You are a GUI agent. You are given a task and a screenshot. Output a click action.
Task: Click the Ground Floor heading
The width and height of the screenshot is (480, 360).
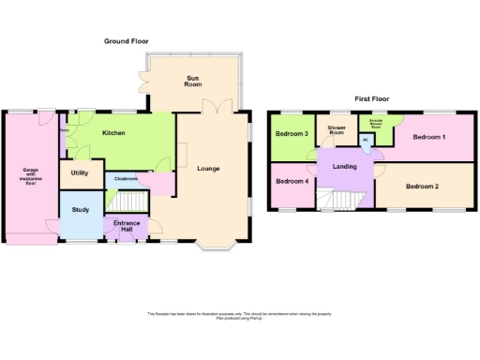pyautogui.click(x=126, y=41)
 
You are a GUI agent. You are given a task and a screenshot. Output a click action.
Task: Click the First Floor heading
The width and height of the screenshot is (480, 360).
pyautogui.click(x=373, y=97)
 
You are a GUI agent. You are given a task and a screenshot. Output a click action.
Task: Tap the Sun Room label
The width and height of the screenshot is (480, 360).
pyautogui.click(x=193, y=82)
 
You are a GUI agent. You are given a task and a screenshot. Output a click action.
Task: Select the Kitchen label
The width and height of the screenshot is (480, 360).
pyautogui.click(x=114, y=133)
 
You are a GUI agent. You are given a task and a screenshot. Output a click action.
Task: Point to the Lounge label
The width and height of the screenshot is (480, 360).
pyautogui.click(x=208, y=169)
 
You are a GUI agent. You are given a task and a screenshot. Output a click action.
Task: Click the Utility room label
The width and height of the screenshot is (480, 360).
pyautogui.click(x=80, y=173)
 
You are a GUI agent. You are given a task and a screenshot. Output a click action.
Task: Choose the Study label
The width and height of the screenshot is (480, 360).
pyautogui.click(x=80, y=209)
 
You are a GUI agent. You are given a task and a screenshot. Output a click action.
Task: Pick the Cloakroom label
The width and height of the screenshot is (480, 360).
pyautogui.click(x=127, y=178)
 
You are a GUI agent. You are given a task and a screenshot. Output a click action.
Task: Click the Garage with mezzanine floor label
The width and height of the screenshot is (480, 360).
pyautogui.click(x=30, y=176)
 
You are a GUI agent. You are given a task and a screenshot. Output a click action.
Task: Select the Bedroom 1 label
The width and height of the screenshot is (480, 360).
pyautogui.click(x=431, y=139)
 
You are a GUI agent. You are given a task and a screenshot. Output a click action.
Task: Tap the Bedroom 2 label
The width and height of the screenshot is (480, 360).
pyautogui.click(x=424, y=186)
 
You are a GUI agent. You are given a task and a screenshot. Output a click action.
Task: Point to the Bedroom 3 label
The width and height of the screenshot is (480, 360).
pyautogui.click(x=292, y=134)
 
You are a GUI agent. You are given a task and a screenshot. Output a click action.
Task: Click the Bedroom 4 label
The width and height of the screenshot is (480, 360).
pyautogui.click(x=292, y=180)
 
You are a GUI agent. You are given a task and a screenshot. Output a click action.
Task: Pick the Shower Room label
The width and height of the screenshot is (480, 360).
pyautogui.click(x=337, y=130)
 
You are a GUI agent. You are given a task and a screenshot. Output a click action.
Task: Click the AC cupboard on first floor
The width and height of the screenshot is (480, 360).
pyautogui.click(x=366, y=141)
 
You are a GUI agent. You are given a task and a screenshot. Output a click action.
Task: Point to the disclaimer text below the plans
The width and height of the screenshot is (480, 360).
pyautogui.click(x=240, y=316)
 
